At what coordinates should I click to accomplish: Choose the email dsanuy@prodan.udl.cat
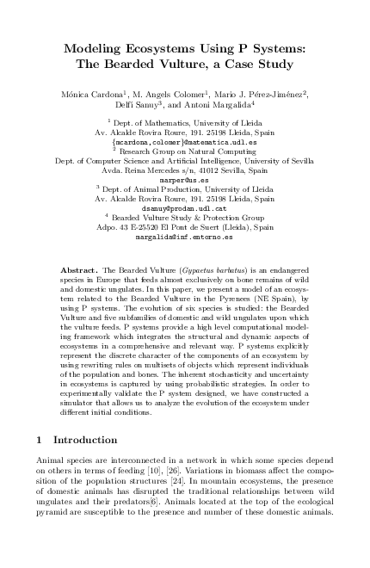click(x=185, y=207)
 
